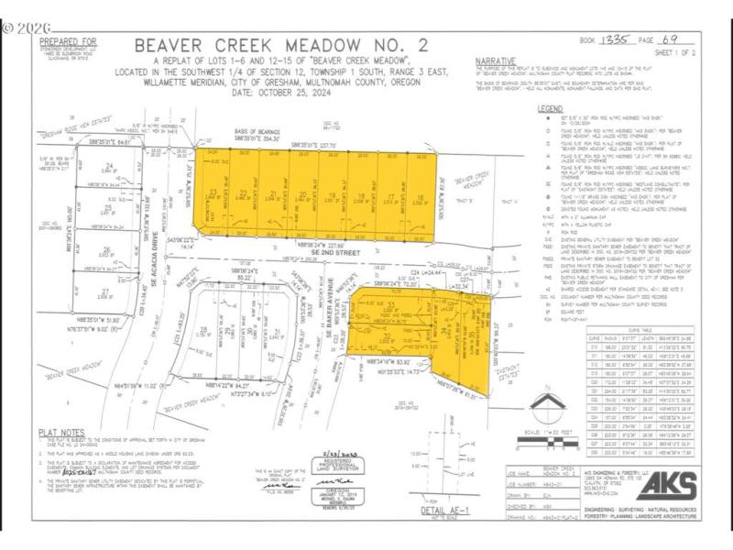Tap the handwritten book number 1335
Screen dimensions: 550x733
(x=621, y=41)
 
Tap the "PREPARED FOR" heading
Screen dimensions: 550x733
(x=65, y=41)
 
